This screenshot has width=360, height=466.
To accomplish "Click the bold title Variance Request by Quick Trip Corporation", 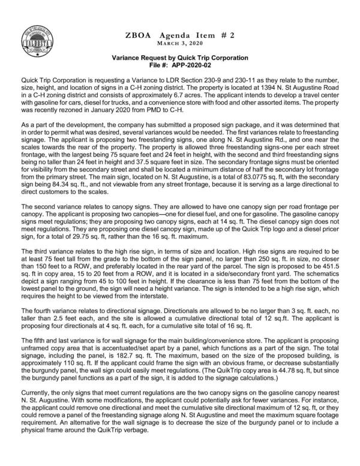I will [x=180, y=58].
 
